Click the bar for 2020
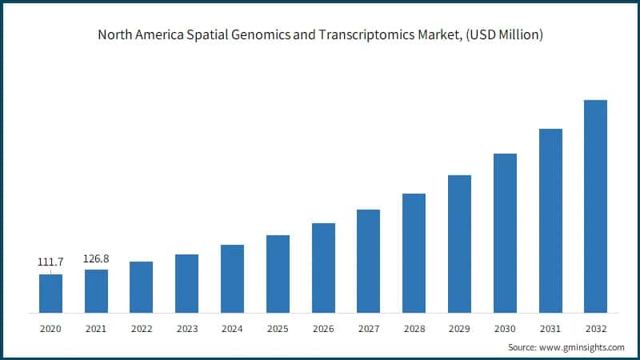point(50,293)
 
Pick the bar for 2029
point(459,243)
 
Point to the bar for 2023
point(186,283)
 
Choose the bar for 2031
point(550,220)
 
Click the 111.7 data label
point(50,262)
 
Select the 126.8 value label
point(96,258)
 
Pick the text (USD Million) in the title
point(502,35)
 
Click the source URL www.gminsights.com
point(583,347)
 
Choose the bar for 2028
point(414,253)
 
